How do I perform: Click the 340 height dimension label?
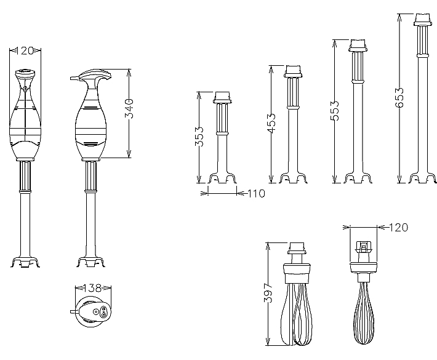click(129, 108)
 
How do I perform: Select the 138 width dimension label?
click(92, 288)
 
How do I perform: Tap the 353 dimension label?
click(199, 137)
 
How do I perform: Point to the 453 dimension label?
click(271, 123)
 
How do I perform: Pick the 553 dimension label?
click(334, 111)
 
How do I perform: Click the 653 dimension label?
click(399, 97)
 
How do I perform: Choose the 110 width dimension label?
click(256, 193)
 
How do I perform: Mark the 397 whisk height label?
click(268, 293)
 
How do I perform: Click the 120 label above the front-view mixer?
click(25, 50)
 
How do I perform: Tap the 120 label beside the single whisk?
click(398, 228)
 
